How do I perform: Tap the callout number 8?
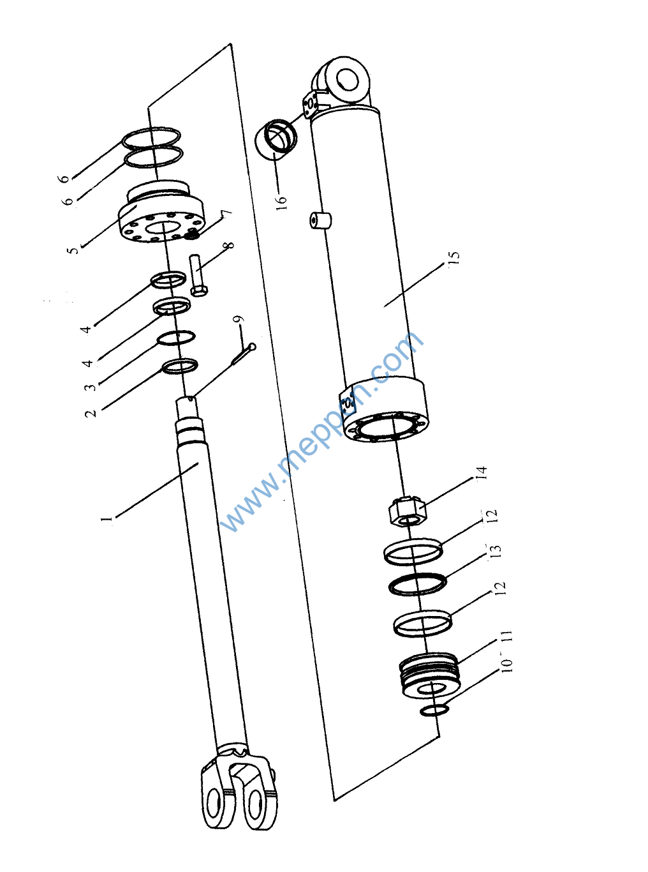click(229, 244)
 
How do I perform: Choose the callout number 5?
click(73, 249)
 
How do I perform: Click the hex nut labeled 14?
click(408, 511)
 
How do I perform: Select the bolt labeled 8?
click(199, 275)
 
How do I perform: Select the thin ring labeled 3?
click(176, 338)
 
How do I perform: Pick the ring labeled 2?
click(180, 366)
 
